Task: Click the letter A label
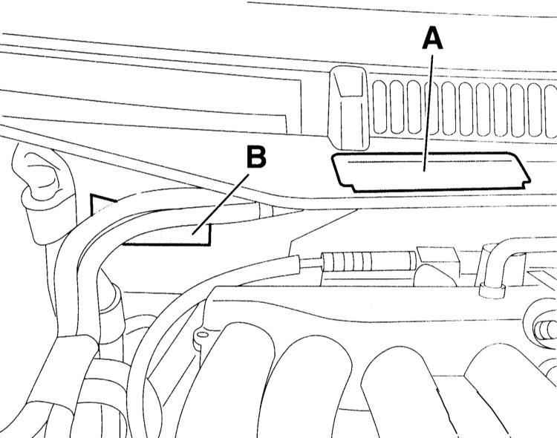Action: tap(433, 39)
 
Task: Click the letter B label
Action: tap(256, 157)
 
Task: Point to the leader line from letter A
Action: tap(428, 113)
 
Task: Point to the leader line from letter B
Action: tap(220, 205)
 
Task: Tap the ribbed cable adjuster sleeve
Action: tap(368, 261)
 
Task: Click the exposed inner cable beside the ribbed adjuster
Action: tap(310, 263)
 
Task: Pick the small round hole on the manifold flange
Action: tap(202, 334)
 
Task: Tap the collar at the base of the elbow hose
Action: tap(492, 290)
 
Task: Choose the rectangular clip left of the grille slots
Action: tap(348, 108)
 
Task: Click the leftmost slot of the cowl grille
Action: tap(380, 108)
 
